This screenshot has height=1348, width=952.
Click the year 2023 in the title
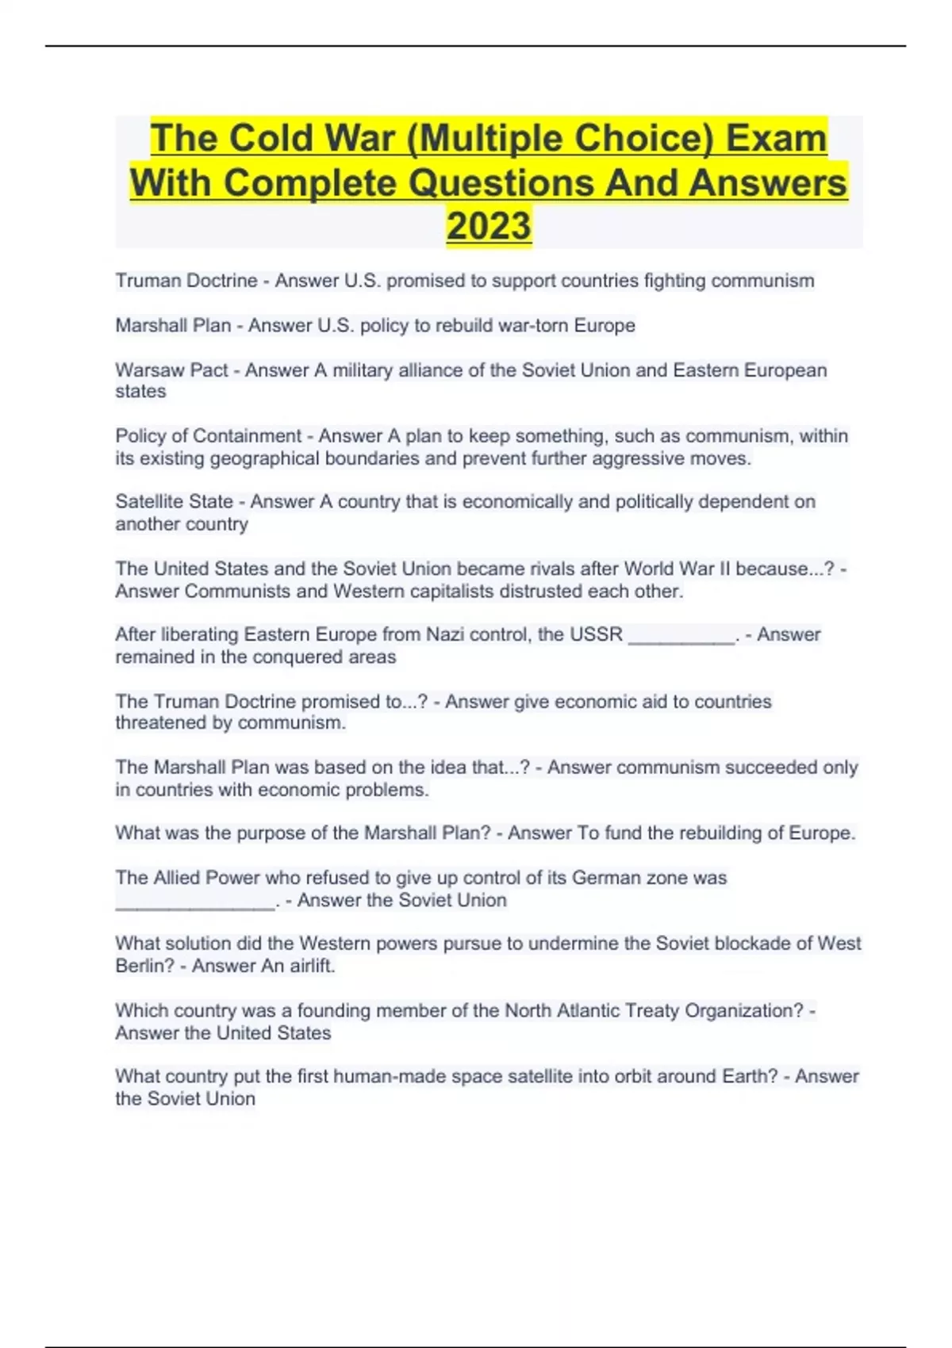click(x=489, y=225)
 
